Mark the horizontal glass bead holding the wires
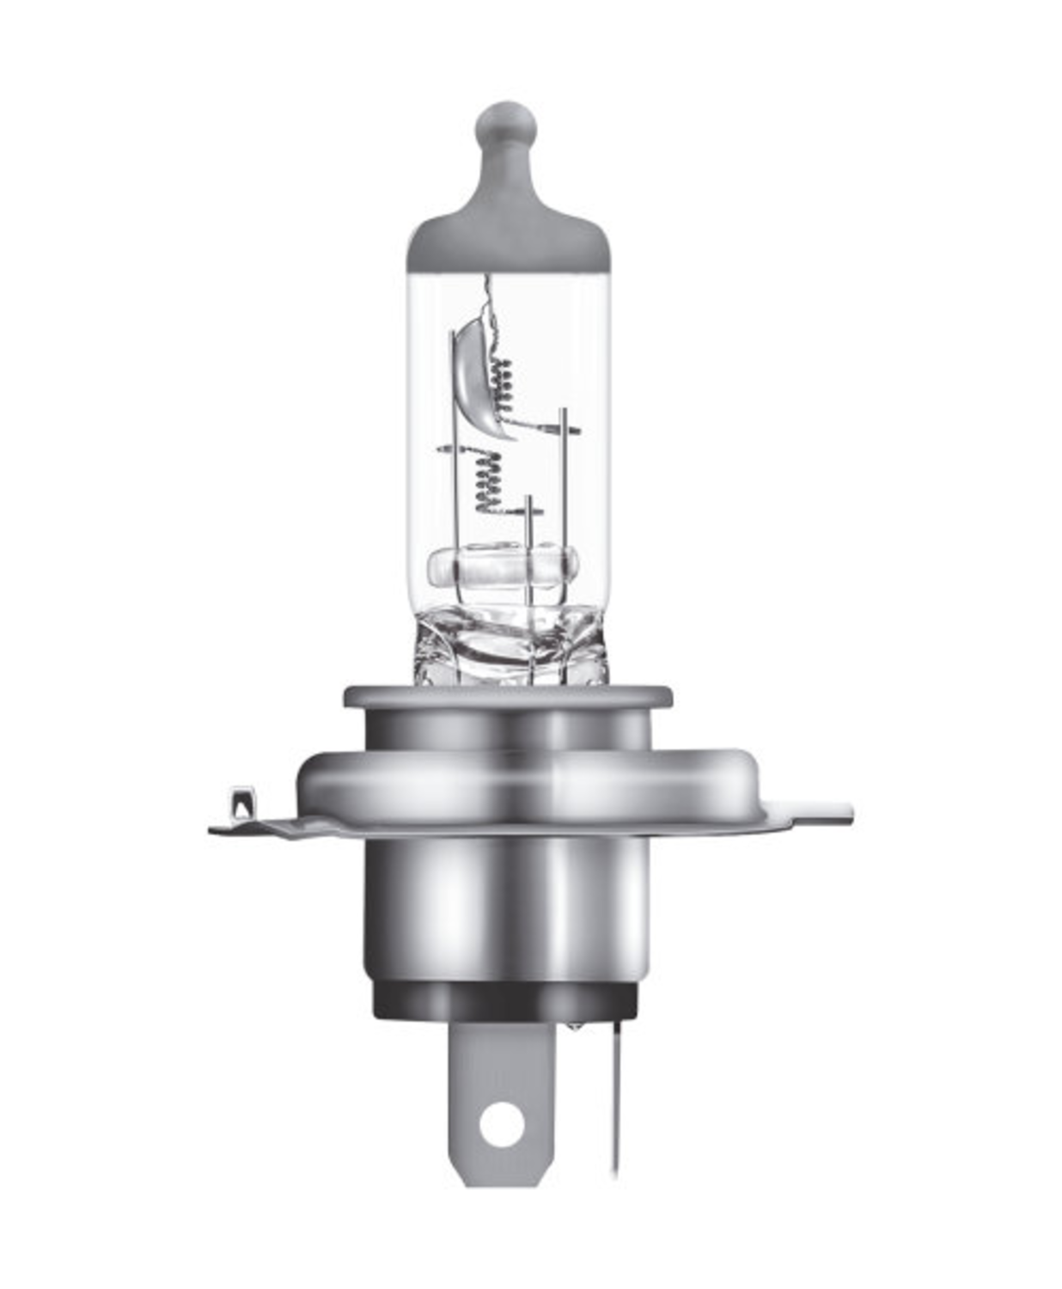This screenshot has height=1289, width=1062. point(504,568)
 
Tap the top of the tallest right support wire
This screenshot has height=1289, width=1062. point(564,413)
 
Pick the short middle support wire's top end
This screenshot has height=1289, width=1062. point(529,500)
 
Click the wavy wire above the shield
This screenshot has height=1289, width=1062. point(492,305)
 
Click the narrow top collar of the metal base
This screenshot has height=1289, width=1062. point(507,695)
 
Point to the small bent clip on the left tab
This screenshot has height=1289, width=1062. point(242,803)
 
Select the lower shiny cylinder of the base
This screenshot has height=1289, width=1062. point(507,911)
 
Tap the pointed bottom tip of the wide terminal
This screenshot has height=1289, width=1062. point(502,1182)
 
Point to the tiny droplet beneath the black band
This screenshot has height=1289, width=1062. point(574,1025)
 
